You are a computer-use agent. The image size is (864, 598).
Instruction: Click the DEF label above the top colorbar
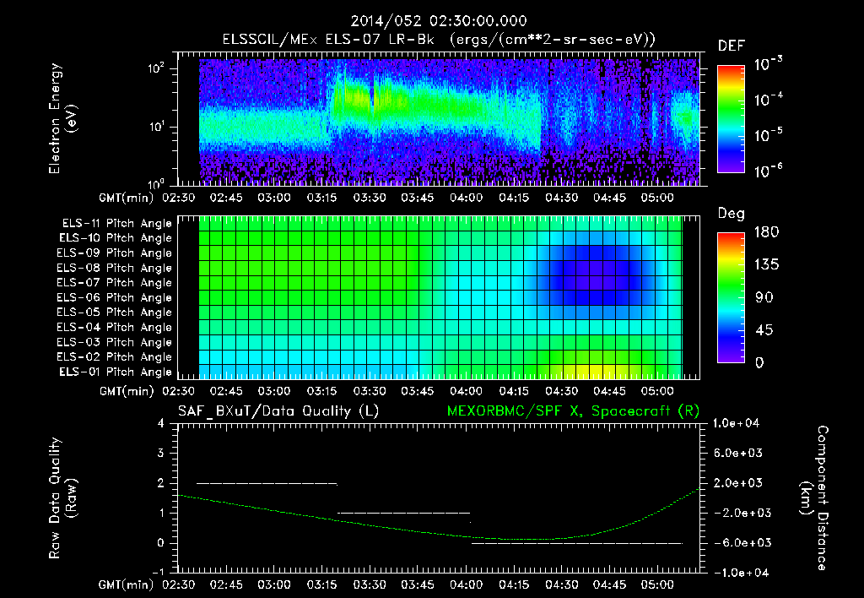(x=731, y=46)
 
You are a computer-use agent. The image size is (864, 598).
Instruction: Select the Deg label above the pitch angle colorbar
(x=731, y=214)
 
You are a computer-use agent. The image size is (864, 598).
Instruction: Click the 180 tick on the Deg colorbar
(x=759, y=232)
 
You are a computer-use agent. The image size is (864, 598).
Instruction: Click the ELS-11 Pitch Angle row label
(x=115, y=224)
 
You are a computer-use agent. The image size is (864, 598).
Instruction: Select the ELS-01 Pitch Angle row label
(x=115, y=372)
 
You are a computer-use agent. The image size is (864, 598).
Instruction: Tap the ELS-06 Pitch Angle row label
(x=115, y=297)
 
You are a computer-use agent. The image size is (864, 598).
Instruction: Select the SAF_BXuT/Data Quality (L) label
(x=278, y=410)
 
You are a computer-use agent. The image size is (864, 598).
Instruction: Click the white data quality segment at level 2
(x=267, y=483)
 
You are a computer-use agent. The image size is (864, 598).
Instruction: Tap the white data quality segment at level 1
(x=403, y=513)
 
